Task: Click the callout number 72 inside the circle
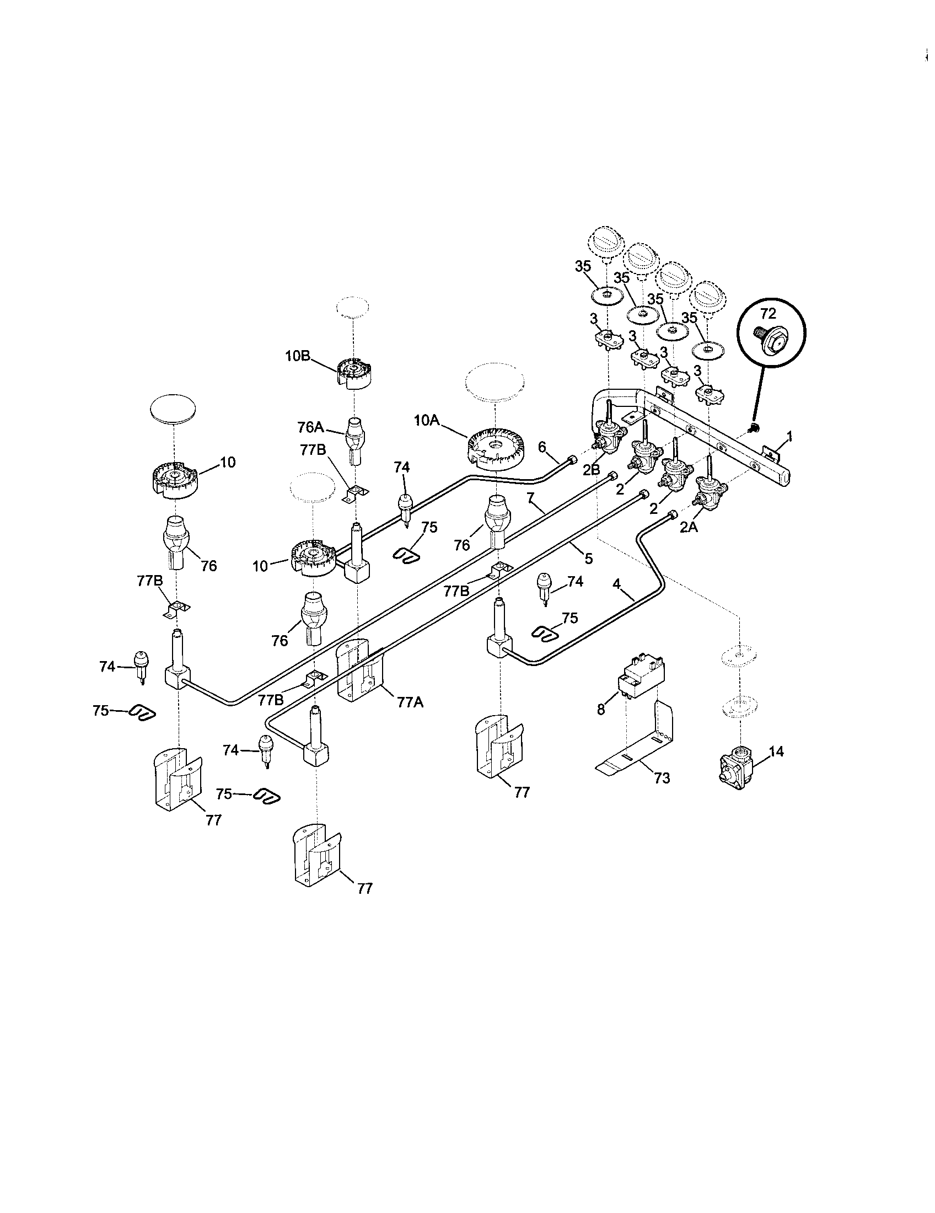[767, 314]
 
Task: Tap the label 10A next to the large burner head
[426, 421]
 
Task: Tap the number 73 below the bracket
[662, 778]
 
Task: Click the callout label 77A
[411, 702]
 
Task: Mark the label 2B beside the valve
[592, 469]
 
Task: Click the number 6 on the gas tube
[542, 446]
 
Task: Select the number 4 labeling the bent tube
[616, 584]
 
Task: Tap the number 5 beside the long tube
[588, 558]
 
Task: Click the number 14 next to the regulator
[776, 752]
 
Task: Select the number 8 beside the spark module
[600, 709]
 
